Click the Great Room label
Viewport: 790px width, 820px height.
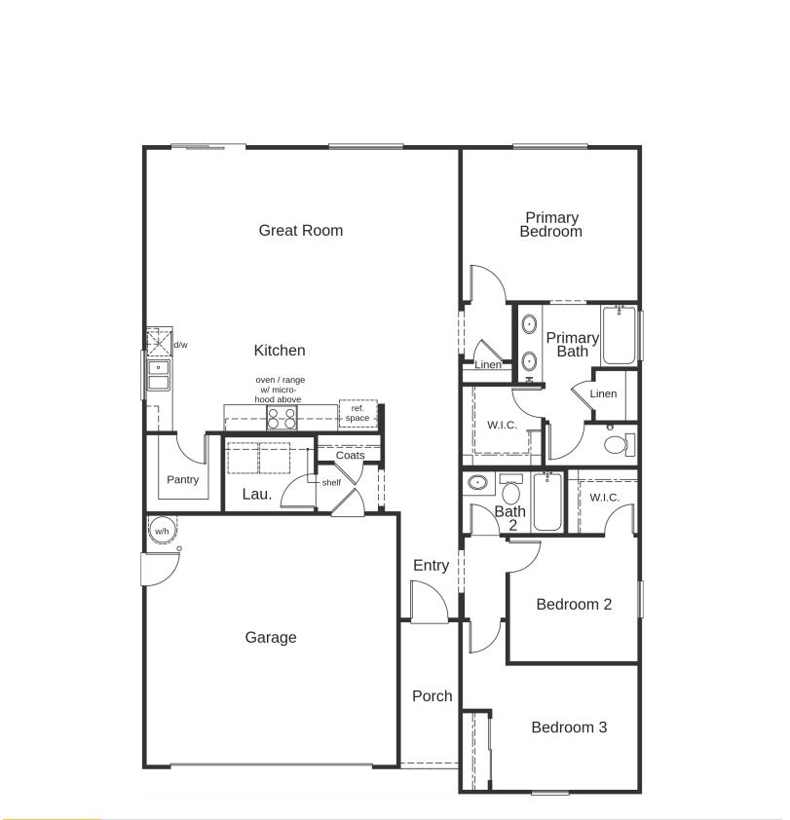(x=300, y=231)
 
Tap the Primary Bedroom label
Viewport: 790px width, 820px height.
(x=551, y=225)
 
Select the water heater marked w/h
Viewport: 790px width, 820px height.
(x=161, y=532)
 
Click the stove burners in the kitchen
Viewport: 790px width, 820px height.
(x=282, y=418)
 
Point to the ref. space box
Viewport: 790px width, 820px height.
(x=357, y=414)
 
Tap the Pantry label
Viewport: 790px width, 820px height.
(x=182, y=480)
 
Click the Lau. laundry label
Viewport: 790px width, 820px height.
(x=257, y=495)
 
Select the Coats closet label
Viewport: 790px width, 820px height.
(x=350, y=456)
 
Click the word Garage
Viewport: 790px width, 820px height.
(x=270, y=638)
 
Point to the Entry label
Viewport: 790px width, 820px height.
(x=431, y=566)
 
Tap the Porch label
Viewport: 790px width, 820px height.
(x=432, y=696)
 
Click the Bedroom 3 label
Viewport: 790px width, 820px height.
(x=569, y=727)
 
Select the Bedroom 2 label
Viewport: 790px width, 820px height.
(x=574, y=605)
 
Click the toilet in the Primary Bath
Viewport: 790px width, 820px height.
(x=617, y=444)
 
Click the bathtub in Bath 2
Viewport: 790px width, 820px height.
(x=546, y=502)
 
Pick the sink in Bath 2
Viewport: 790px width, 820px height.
(x=477, y=483)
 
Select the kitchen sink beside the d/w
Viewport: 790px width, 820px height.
(x=158, y=373)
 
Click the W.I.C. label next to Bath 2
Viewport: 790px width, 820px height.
(x=604, y=498)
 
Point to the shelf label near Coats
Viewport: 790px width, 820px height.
(x=331, y=482)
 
